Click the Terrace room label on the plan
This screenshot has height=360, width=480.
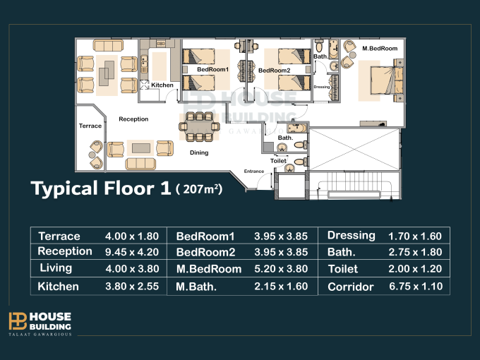pyautogui.click(x=90, y=126)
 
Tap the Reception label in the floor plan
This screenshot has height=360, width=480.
pyautogui.click(x=133, y=119)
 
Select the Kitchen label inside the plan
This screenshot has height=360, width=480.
pyautogui.click(x=162, y=85)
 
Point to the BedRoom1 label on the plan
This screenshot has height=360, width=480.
pyautogui.click(x=212, y=69)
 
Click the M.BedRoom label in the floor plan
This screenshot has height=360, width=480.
pyautogui.click(x=380, y=49)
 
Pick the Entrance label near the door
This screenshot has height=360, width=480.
pyautogui.click(x=254, y=171)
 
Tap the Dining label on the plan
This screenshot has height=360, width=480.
pyautogui.click(x=199, y=152)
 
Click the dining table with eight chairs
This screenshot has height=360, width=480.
pyautogui.click(x=199, y=126)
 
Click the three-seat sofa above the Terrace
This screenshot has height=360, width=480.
pyautogui.click(x=108, y=45)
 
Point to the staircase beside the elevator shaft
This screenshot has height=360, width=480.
pyautogui.click(x=354, y=186)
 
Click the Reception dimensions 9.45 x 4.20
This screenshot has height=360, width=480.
pyautogui.click(x=132, y=252)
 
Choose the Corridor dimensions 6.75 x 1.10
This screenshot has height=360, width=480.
pyautogui.click(x=416, y=287)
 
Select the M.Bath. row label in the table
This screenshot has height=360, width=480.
pyautogui.click(x=196, y=287)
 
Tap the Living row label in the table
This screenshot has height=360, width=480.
pyautogui.click(x=56, y=268)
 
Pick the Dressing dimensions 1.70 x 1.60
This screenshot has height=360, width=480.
pyautogui.click(x=415, y=236)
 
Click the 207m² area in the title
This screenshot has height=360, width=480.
pyautogui.click(x=199, y=189)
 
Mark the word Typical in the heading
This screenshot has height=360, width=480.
pyautogui.click(x=64, y=189)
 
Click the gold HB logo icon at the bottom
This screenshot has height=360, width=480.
pyautogui.click(x=18, y=320)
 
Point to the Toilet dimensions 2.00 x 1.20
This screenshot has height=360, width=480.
pyautogui.click(x=415, y=269)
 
